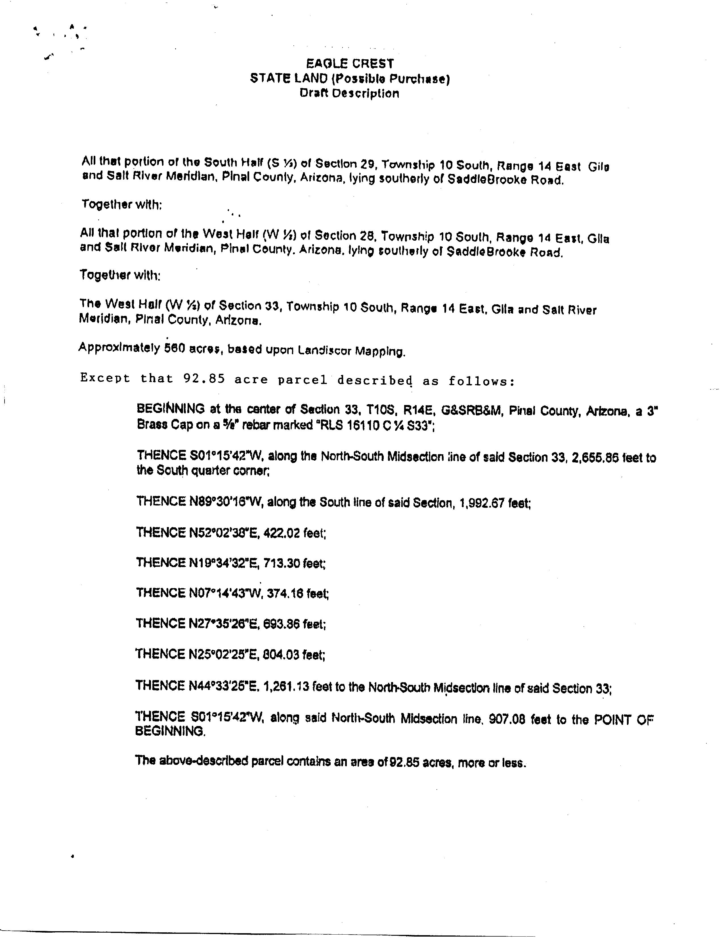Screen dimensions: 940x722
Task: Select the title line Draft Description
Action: click(x=349, y=93)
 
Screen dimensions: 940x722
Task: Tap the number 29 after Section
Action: click(x=366, y=164)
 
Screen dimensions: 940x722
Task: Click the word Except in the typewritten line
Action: click(x=105, y=378)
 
